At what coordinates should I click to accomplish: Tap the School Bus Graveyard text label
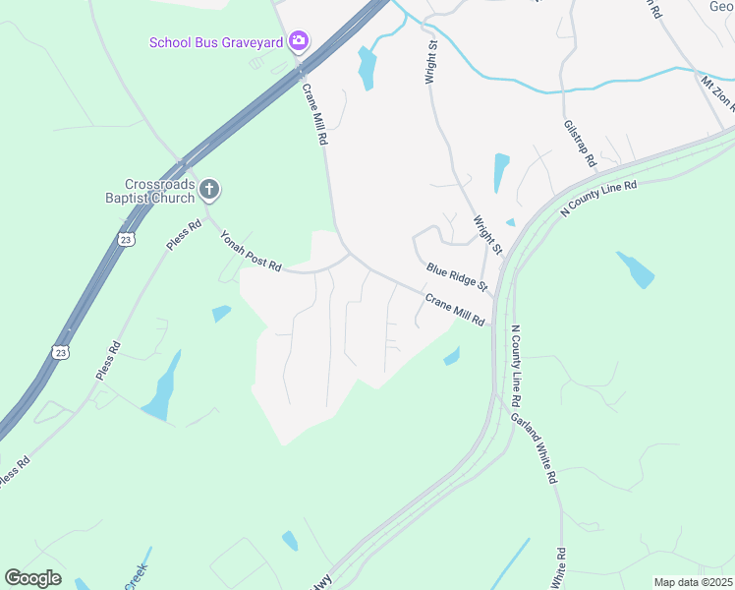pyautogui.click(x=216, y=42)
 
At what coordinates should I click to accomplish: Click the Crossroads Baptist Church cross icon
pyautogui.click(x=209, y=188)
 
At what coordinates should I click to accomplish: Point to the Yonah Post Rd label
pyautogui.click(x=251, y=252)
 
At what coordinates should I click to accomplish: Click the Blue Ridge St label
pyautogui.click(x=457, y=276)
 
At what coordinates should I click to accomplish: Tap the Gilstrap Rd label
pyautogui.click(x=581, y=143)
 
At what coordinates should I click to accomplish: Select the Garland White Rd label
pyautogui.click(x=535, y=447)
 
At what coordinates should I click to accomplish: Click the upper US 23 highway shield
pyautogui.click(x=126, y=239)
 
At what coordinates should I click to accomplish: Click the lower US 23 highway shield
pyautogui.click(x=61, y=351)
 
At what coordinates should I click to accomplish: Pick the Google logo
pyautogui.click(x=32, y=577)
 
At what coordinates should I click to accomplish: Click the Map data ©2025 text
pyautogui.click(x=693, y=582)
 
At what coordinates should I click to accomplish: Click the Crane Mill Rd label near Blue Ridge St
pyautogui.click(x=456, y=309)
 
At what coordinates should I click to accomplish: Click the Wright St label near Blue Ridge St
pyautogui.click(x=487, y=236)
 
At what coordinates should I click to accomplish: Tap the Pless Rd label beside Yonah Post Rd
pyautogui.click(x=184, y=234)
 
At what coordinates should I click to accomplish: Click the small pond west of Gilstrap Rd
pyautogui.click(x=501, y=172)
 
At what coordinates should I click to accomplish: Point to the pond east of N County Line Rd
pyautogui.click(x=636, y=268)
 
